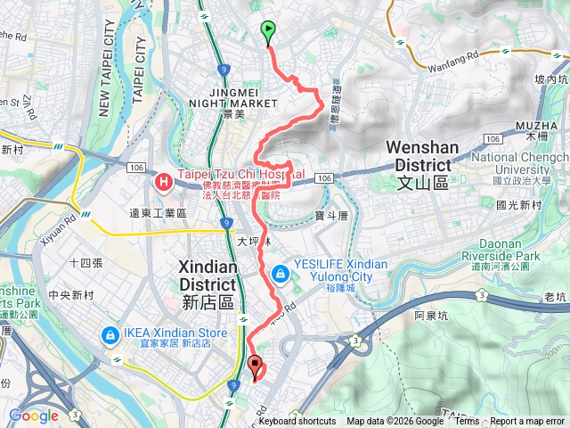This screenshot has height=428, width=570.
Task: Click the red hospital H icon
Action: point(164,182)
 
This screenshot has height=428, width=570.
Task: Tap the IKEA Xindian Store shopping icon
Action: point(110,335)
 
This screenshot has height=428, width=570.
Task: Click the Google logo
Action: point(33,416)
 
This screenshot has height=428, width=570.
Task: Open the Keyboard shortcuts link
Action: point(297,422)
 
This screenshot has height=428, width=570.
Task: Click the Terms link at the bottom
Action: point(467,422)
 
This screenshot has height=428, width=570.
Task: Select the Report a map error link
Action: point(528,422)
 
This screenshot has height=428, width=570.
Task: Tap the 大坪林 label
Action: point(254,240)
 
